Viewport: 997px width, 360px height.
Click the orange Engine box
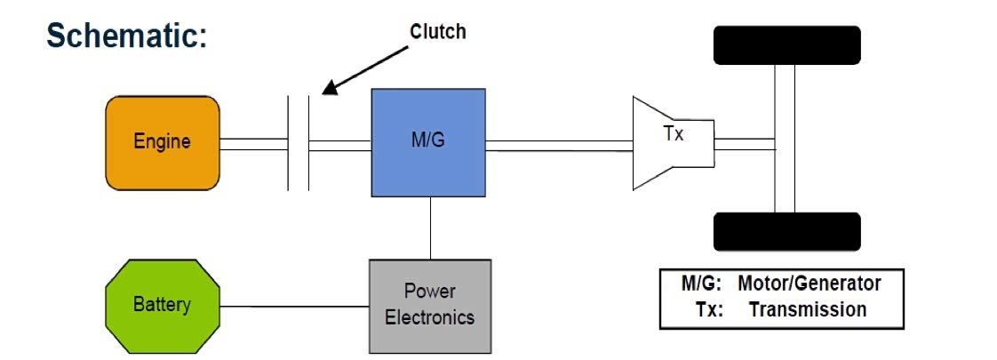coord(163,142)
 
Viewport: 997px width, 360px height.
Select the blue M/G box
coord(428,142)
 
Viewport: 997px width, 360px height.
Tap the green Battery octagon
coord(162,305)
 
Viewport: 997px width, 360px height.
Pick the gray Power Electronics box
coord(430,305)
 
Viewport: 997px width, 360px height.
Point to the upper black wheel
coord(786,44)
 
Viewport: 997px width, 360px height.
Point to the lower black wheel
coord(786,231)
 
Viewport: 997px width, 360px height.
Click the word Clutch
coord(437,32)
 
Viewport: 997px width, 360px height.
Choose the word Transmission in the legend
coord(807,309)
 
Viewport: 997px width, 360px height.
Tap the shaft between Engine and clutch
coord(253,143)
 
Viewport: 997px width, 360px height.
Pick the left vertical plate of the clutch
coord(289,143)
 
